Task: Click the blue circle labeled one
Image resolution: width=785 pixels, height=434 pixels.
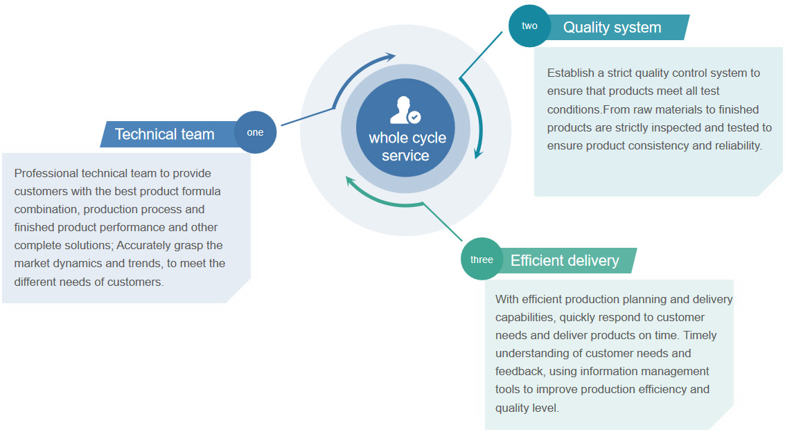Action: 255,132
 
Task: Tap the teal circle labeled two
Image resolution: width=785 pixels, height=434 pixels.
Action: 529,26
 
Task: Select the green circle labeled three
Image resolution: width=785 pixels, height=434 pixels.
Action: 482,260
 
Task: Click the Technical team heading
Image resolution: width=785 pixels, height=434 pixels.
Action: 164,134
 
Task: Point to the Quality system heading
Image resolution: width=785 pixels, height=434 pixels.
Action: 612,28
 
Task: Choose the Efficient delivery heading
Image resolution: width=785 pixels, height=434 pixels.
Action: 565,260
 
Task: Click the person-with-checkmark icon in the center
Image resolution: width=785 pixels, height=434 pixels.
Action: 405,111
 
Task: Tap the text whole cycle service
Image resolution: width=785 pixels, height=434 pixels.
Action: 407,147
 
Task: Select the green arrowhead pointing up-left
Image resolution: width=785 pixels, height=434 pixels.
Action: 351,181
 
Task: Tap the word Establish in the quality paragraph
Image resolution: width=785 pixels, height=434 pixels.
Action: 569,73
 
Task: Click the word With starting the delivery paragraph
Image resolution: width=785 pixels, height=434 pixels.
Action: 506,299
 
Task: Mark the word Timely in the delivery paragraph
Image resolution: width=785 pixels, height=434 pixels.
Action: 700,335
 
